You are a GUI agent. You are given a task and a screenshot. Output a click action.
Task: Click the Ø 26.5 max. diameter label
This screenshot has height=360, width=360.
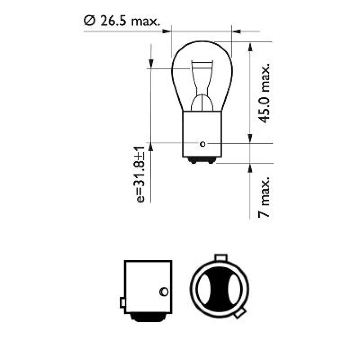[121, 21]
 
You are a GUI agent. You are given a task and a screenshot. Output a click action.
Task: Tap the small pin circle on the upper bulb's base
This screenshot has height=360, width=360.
[202, 144]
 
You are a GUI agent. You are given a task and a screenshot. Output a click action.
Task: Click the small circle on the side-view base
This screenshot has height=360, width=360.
[164, 292]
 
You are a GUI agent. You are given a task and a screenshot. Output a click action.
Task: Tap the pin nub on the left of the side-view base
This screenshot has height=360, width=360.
[122, 303]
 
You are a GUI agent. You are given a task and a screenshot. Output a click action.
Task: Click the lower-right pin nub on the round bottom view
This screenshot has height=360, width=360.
[240, 313]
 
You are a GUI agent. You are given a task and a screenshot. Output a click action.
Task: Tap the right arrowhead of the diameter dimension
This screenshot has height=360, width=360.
[236, 31]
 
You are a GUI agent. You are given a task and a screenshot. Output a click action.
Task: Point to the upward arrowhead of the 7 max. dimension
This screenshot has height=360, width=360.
[249, 167]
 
